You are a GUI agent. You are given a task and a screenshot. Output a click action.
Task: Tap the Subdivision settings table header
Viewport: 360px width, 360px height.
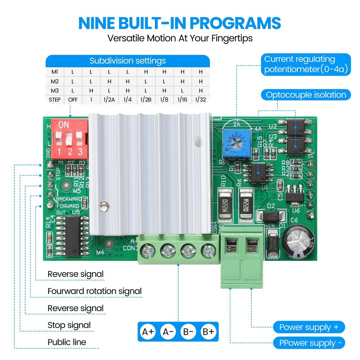tap(128, 60)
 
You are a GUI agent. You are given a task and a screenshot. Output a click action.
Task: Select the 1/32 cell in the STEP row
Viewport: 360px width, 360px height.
tap(201, 100)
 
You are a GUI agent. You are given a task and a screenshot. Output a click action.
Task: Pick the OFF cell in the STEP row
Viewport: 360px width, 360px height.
tap(73, 100)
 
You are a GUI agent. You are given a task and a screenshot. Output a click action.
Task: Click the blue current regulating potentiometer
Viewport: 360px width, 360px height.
tap(236, 144)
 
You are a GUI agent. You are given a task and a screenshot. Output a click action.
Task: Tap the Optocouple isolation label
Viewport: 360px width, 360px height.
tap(306, 95)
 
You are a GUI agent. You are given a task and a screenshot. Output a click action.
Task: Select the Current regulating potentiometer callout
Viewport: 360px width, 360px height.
tap(305, 64)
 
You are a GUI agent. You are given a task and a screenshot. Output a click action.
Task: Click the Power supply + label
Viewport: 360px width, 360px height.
tap(309, 327)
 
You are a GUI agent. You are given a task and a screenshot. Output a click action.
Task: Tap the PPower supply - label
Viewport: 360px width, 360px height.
tap(309, 343)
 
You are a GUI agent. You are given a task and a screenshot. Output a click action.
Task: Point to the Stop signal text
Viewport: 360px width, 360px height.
tap(69, 325)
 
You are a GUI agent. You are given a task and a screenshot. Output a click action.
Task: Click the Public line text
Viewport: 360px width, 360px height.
tap(67, 342)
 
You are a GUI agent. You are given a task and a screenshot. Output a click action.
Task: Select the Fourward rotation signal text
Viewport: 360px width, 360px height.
tap(95, 291)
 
